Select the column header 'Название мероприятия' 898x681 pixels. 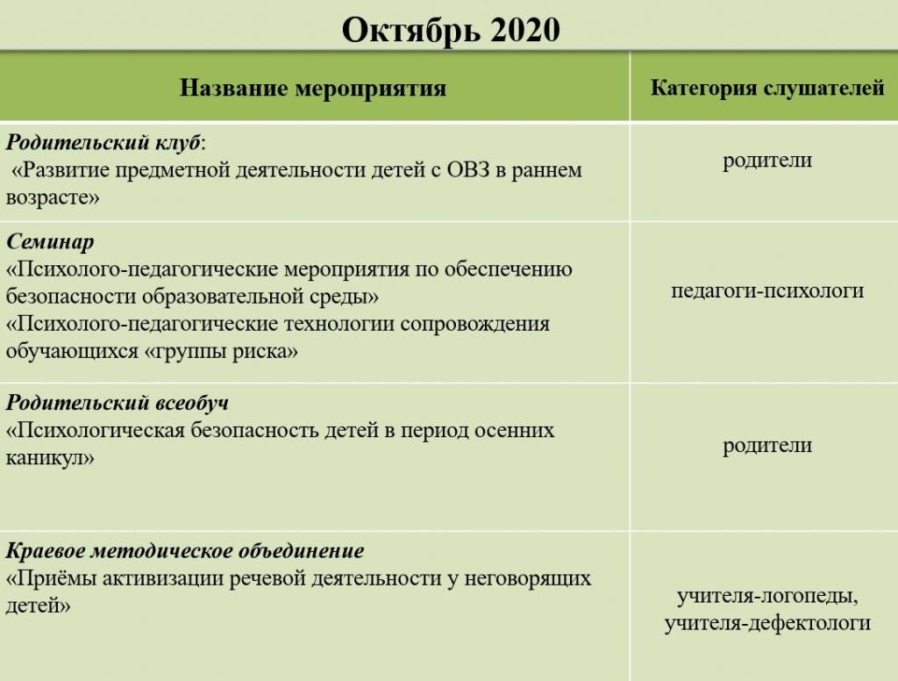pos(313,88)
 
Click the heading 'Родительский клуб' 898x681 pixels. pos(103,141)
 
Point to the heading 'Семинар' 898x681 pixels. pos(50,241)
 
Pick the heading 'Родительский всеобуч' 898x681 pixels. pos(117,403)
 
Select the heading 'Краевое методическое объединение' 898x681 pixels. pos(184,552)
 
